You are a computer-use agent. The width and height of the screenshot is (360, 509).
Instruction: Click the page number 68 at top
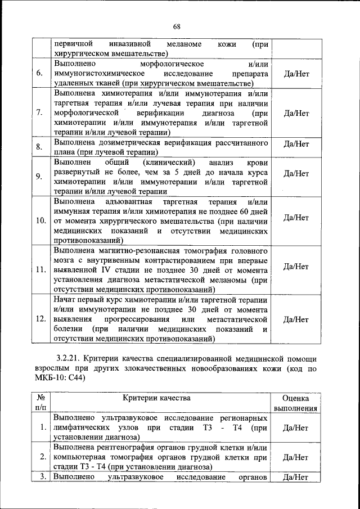coord(177,26)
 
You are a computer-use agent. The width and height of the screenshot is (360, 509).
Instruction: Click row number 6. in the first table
coord(39,73)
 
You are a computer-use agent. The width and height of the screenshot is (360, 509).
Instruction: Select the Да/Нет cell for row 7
coord(296,112)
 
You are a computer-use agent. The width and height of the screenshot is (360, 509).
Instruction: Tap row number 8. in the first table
coord(39,147)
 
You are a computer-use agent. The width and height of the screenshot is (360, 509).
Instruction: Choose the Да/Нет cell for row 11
coord(296,266)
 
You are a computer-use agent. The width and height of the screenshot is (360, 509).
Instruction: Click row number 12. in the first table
coord(40,318)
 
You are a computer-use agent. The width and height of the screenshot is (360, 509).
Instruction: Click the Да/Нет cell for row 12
coord(296,319)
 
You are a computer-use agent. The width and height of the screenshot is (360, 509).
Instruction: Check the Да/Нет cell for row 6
coord(296,74)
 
